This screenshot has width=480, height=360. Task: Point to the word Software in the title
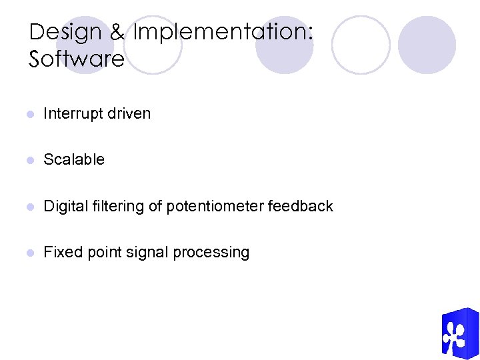pyautogui.click(x=77, y=59)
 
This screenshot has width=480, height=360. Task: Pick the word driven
pyautogui.click(x=130, y=114)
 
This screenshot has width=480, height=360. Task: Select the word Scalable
pyautogui.click(x=74, y=160)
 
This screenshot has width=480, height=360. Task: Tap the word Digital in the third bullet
pyautogui.click(x=62, y=207)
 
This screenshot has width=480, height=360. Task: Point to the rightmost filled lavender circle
pyautogui.click(x=427, y=45)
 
